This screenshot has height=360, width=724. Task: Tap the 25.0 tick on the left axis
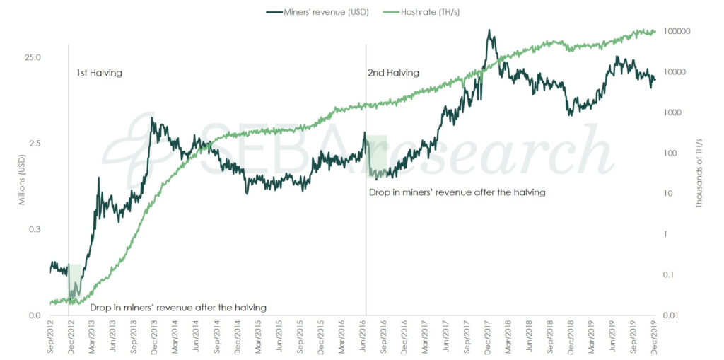coord(33,57)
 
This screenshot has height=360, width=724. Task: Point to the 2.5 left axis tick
coord(35,144)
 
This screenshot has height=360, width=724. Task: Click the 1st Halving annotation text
coord(99,73)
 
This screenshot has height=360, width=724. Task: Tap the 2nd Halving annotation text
coord(393,73)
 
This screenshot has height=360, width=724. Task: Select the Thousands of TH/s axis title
coord(701,173)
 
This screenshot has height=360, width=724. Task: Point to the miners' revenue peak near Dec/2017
coord(489,31)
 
